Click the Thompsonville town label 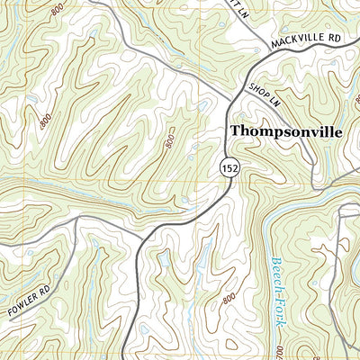click(x=285, y=131)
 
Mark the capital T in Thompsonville click(x=236, y=131)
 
